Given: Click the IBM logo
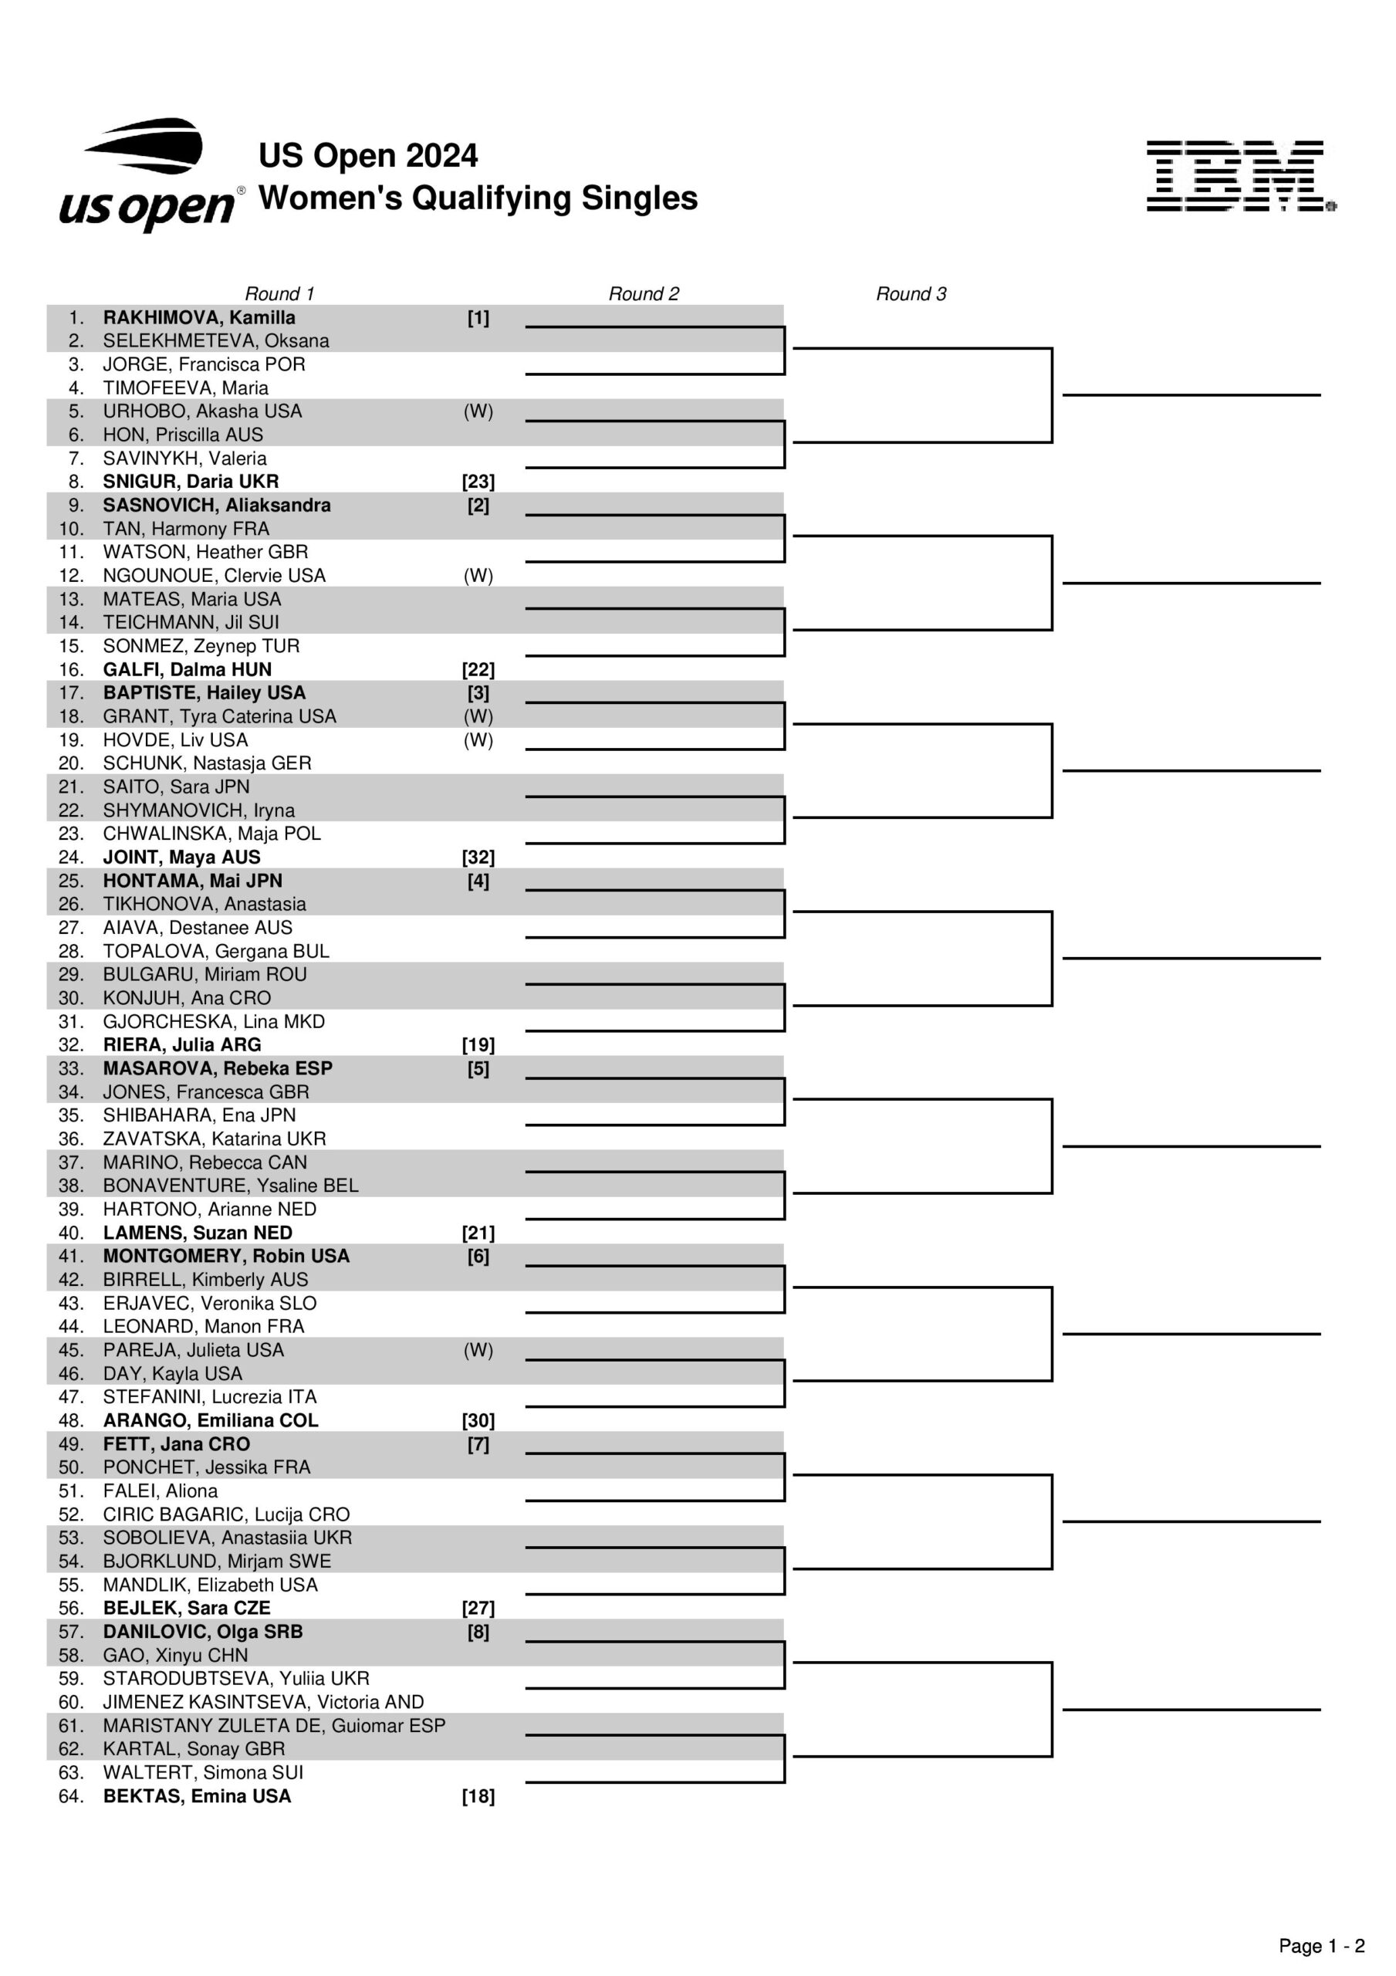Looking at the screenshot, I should (x=1239, y=177).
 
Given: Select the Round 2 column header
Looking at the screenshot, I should (x=643, y=293).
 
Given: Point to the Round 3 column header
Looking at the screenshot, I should (x=911, y=293).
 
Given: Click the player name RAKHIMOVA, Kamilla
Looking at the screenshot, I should (x=199, y=317).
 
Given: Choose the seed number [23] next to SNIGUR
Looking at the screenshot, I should (x=478, y=482).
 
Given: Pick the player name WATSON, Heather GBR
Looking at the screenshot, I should (x=204, y=552).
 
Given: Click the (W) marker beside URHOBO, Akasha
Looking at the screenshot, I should (x=478, y=411).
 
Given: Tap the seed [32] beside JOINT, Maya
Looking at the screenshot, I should (x=478, y=858).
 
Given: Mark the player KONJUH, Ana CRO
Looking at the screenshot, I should (x=187, y=998).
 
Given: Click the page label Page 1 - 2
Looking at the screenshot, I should (x=1321, y=1946).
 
